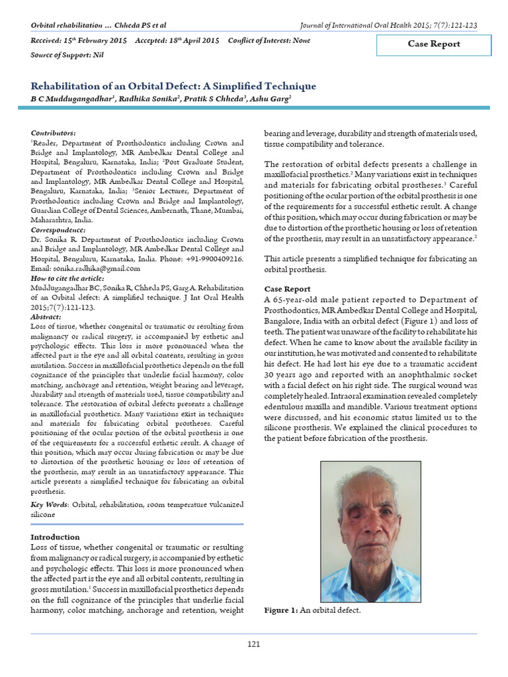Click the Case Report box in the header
point(434,44)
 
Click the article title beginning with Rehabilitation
point(173,86)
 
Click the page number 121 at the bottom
point(253,644)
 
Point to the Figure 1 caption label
point(281,610)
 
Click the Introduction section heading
point(56,537)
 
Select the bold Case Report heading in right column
point(287,289)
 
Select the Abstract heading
point(46,317)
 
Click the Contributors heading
point(54,133)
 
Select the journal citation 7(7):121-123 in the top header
point(453,25)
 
